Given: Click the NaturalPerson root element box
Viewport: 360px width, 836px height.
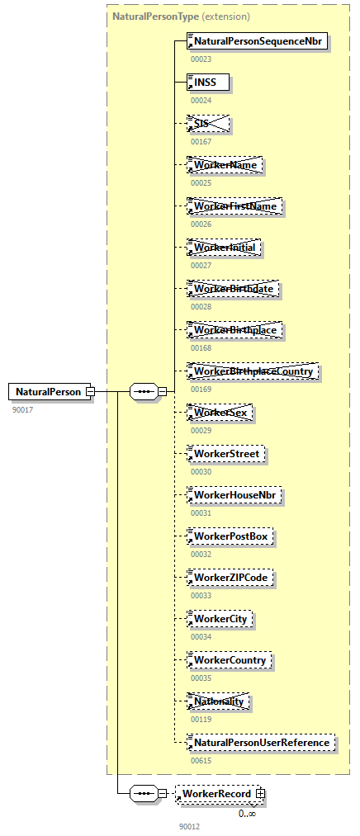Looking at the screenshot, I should coord(48,391).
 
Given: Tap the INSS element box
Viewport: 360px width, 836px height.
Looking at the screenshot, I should coord(207,83).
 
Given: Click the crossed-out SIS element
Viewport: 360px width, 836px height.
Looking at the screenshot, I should coord(207,124).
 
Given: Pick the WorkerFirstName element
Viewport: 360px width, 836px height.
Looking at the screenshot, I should coord(234,206).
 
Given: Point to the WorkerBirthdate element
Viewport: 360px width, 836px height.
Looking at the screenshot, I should coord(233,289).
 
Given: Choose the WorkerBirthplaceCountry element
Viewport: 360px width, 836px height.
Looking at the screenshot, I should coord(253,371).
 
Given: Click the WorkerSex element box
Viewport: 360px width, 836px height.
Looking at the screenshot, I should coord(219,413).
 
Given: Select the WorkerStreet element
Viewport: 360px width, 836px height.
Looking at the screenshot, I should coord(225,454).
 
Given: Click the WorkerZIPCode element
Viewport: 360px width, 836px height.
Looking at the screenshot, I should coord(230,578).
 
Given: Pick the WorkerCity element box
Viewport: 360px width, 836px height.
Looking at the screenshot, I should coord(220,619).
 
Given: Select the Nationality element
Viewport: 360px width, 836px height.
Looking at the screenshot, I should coord(219,701).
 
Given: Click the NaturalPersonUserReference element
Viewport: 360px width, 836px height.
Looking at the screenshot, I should coord(262,743).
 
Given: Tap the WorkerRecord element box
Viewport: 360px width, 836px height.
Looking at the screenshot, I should coord(216,794).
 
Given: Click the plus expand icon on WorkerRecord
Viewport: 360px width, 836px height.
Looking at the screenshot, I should coord(261,794).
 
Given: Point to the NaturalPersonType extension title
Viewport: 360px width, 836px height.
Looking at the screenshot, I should coord(181,16).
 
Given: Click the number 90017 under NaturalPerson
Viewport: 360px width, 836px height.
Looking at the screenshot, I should coord(22,409).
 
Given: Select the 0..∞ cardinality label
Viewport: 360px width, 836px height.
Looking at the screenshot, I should coord(247,814).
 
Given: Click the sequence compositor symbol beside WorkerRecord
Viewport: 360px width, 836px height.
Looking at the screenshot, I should coord(144,794).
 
